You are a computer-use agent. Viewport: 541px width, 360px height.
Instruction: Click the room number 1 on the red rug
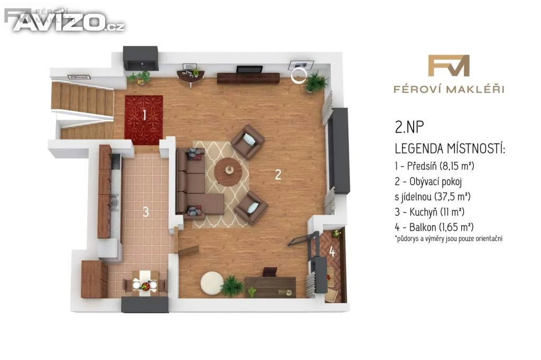145,115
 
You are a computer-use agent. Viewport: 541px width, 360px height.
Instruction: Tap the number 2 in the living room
278,175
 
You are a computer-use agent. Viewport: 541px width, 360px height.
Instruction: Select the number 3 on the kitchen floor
146,212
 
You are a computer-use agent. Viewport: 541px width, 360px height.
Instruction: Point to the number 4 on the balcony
332,252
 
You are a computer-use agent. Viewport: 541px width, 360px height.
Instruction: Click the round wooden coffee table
229,172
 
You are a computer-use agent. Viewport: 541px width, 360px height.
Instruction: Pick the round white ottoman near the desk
212,283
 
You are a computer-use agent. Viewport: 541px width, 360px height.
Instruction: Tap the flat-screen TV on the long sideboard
249,69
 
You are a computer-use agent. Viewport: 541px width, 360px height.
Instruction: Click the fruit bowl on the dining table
145,286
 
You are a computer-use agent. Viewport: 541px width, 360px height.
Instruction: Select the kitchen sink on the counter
114,202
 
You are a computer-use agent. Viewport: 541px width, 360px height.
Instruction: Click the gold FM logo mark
449,65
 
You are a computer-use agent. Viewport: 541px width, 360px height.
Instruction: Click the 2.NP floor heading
409,127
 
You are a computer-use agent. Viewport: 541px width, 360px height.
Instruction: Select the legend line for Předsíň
435,166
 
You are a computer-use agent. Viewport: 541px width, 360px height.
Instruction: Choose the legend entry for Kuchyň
430,212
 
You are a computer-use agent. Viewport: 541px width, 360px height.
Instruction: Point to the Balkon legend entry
434,227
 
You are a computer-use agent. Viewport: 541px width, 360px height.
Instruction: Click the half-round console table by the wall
190,76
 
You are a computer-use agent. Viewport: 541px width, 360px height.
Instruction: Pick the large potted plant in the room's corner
316,82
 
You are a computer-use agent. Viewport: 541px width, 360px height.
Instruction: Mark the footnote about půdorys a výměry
449,239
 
